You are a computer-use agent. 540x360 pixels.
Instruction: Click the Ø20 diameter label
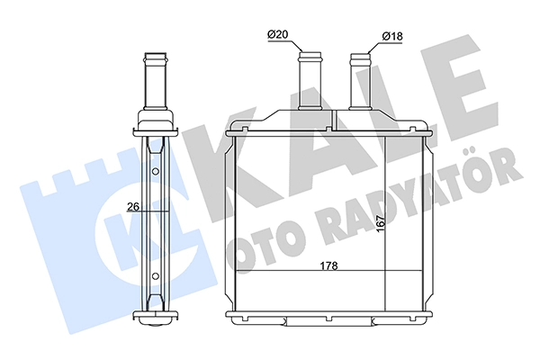pos(277,34)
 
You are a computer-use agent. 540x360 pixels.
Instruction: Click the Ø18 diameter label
pos(392,36)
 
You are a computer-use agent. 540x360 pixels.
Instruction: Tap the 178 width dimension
pos(328,265)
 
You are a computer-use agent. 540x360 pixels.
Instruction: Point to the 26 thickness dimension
pos(133,207)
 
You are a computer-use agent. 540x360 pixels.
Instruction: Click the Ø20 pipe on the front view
pos(310,81)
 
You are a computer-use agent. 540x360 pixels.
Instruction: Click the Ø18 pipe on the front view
pos(360,81)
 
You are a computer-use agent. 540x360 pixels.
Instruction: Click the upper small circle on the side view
pos(156,171)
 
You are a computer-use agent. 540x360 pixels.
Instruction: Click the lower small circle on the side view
pos(156,275)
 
